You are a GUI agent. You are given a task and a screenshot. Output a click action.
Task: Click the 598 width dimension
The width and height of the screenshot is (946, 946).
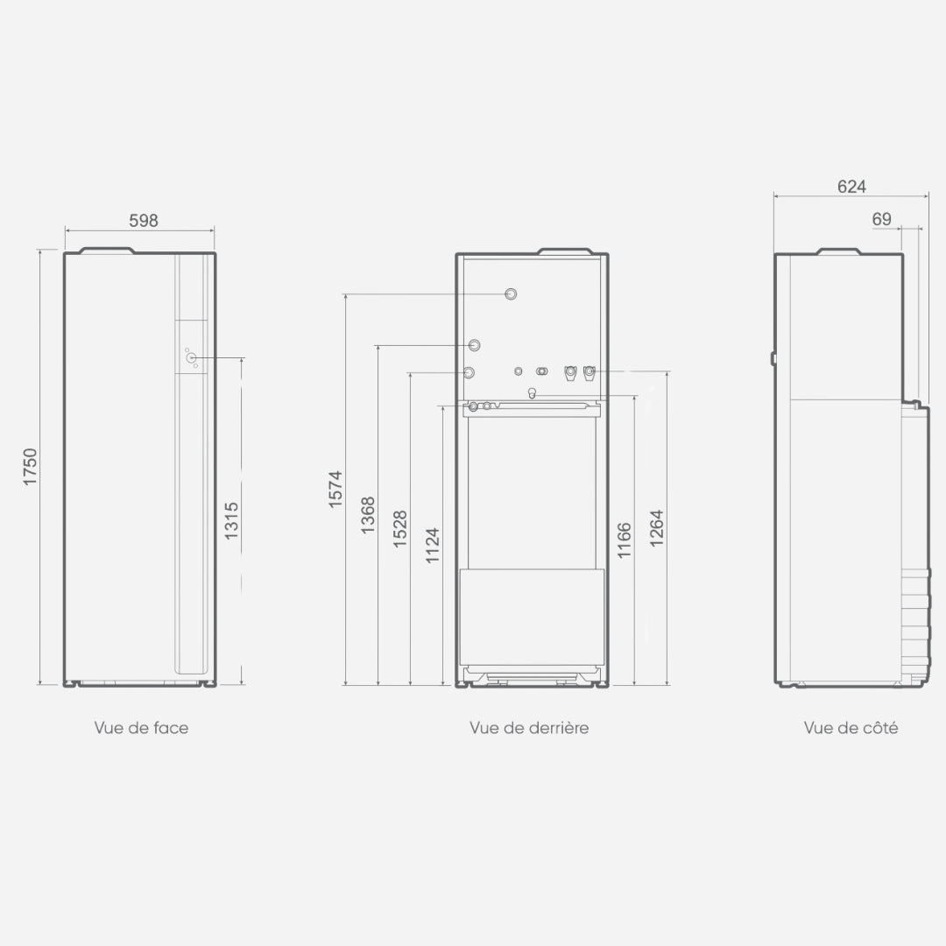coord(144,221)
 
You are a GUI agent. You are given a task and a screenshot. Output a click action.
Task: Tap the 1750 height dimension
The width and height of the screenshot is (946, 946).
coord(30,466)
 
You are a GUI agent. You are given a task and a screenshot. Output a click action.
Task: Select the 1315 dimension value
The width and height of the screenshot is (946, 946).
coord(231,520)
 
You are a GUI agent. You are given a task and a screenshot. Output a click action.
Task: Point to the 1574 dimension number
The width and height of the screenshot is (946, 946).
coord(335,489)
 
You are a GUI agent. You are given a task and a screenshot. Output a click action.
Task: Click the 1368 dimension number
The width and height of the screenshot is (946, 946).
coord(368,515)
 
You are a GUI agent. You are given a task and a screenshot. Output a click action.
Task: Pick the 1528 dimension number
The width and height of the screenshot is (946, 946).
coord(400,529)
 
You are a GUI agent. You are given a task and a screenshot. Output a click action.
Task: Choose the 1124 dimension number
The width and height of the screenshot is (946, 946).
coord(434,546)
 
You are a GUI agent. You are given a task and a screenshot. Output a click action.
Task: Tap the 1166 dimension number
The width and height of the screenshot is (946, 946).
coord(625,540)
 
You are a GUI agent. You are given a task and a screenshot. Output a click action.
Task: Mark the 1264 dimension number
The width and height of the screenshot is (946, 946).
coord(657,528)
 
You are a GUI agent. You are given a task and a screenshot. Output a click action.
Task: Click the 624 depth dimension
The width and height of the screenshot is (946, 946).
coord(851,187)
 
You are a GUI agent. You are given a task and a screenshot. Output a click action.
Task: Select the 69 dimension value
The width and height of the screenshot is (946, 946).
coord(881,219)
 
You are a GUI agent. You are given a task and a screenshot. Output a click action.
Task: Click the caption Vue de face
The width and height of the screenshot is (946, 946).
coord(141,728)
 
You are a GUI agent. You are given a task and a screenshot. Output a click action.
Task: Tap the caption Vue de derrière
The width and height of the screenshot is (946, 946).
coord(529,728)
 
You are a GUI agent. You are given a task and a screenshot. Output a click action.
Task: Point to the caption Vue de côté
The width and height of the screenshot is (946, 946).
coord(851,728)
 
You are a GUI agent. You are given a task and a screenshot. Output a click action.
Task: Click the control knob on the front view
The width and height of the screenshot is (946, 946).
coord(191,357)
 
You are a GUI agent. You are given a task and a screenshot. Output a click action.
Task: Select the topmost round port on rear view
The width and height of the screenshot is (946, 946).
coord(511,294)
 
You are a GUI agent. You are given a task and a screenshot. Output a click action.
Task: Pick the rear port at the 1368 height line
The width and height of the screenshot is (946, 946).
coord(474,346)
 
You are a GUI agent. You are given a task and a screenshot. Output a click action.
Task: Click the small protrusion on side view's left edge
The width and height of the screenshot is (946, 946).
coord(773,359)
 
